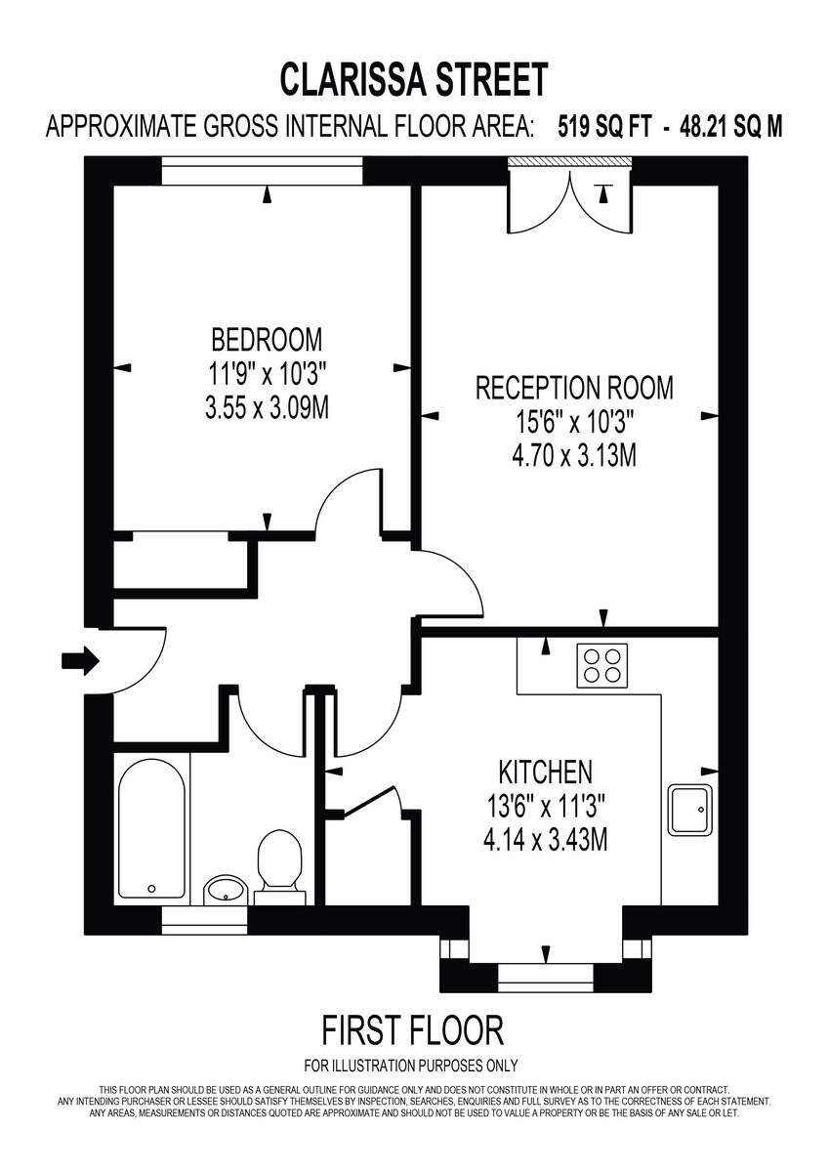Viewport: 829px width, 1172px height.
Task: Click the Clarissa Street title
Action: pyautogui.click(x=414, y=79)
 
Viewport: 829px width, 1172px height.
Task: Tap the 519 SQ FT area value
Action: pyautogui.click(x=603, y=127)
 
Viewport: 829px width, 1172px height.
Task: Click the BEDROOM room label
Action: pyautogui.click(x=267, y=341)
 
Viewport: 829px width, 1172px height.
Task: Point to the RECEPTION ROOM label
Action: pyautogui.click(x=573, y=388)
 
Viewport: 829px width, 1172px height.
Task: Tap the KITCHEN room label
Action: pyautogui.click(x=545, y=773)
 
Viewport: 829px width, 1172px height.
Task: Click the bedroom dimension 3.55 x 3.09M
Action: pyautogui.click(x=267, y=407)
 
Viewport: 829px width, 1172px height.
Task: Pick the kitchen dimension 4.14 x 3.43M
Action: pyautogui.click(x=546, y=838)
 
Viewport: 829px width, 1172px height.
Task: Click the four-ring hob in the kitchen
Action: pyautogui.click(x=601, y=665)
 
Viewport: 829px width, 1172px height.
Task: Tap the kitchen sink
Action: pyautogui.click(x=692, y=809)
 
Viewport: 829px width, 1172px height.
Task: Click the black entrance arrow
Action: pyautogui.click(x=80, y=661)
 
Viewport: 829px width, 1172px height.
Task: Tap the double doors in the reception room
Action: pyautogui.click(x=571, y=200)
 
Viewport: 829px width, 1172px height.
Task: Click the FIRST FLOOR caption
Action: pyautogui.click(x=413, y=1029)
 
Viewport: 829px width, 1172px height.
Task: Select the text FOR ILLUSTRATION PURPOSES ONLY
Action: pyautogui.click(x=411, y=1066)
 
